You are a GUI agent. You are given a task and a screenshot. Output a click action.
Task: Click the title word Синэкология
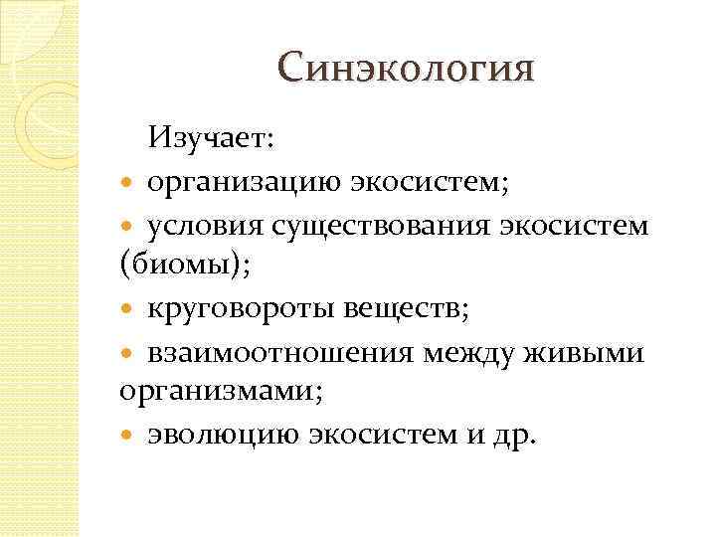point(406,69)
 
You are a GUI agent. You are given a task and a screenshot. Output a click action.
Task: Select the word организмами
point(222,393)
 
